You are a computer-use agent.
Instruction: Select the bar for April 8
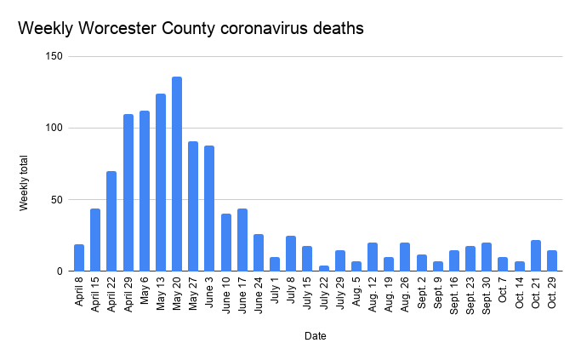click(x=79, y=258)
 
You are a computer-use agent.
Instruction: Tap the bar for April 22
click(x=111, y=221)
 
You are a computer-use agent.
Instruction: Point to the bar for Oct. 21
click(x=535, y=256)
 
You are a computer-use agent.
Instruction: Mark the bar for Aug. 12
click(x=373, y=257)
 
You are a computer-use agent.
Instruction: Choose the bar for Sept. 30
click(x=487, y=257)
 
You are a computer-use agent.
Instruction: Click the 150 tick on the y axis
click(x=56, y=57)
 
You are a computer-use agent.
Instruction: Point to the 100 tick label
click(x=56, y=129)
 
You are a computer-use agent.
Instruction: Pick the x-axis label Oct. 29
click(x=552, y=295)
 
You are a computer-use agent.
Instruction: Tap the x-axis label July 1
click(x=275, y=292)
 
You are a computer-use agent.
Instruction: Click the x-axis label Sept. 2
click(x=422, y=294)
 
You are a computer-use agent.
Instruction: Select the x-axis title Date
click(x=315, y=336)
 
